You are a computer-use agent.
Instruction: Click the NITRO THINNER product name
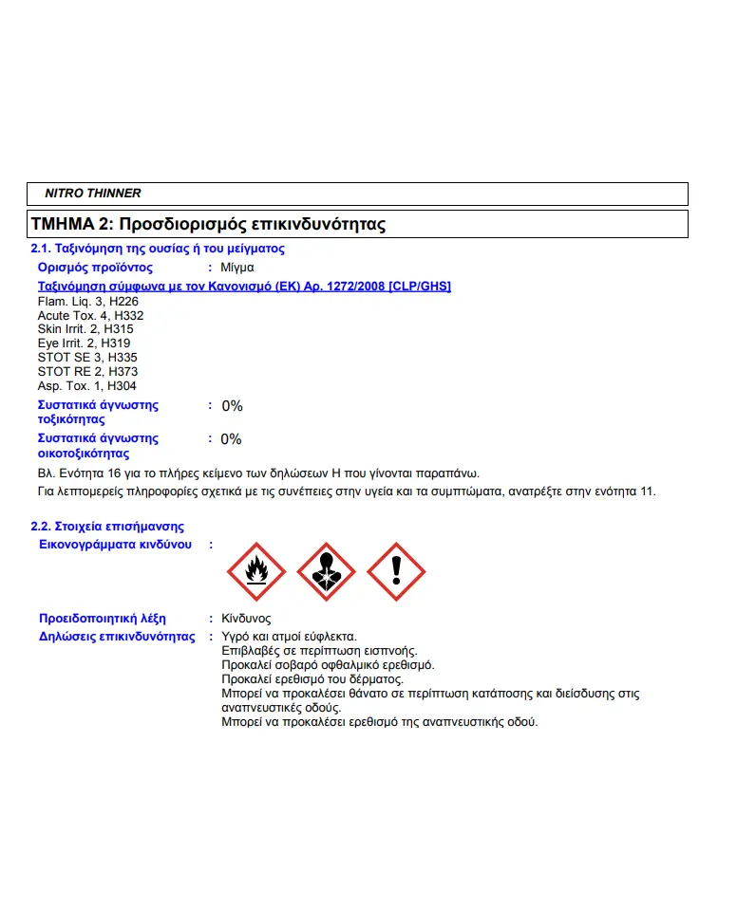click(93, 194)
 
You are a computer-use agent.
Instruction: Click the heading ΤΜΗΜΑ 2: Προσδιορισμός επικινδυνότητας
click(208, 225)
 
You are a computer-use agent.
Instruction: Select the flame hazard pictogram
click(255, 571)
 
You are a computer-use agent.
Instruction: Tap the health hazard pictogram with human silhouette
click(326, 571)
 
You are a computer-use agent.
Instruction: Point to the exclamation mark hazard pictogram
click(396, 571)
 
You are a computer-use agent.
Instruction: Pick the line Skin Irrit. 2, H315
click(85, 329)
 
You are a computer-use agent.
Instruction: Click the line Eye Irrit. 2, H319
click(85, 343)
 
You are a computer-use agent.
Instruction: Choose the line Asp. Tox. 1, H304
click(86, 386)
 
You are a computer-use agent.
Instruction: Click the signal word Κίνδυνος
click(246, 619)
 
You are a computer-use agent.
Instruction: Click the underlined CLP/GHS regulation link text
click(244, 286)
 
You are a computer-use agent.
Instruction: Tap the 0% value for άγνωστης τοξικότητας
click(233, 406)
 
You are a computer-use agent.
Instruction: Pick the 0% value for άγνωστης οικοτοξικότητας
click(232, 439)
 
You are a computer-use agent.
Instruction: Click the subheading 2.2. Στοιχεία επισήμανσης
click(107, 527)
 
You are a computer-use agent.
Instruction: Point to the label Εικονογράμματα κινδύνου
click(115, 545)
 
